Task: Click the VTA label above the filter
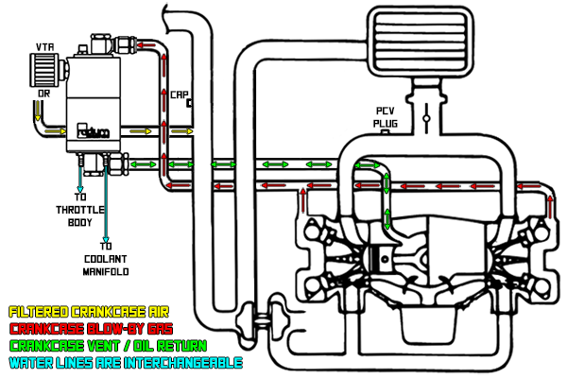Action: pyautogui.click(x=44, y=46)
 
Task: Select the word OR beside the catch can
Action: pyautogui.click(x=43, y=94)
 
